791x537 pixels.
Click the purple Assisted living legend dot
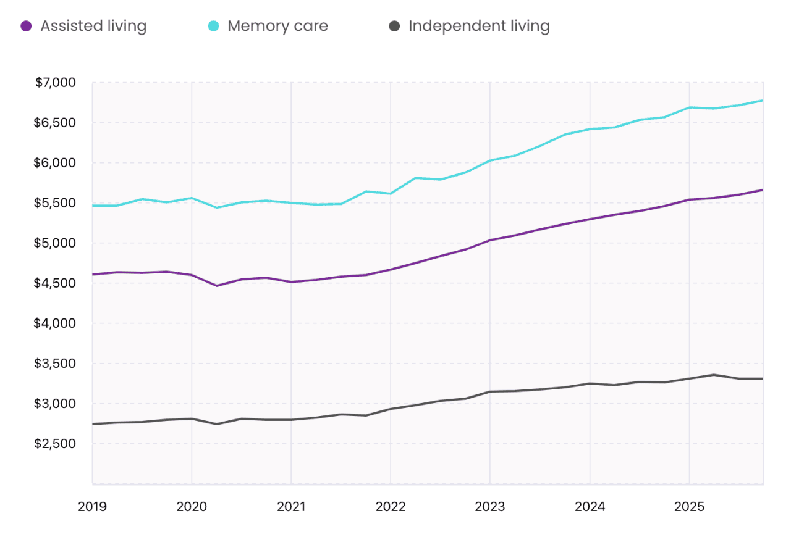pyautogui.click(x=26, y=27)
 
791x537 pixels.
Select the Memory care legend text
pyautogui.click(x=277, y=27)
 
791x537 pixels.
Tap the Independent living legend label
pyautogui.click(x=479, y=27)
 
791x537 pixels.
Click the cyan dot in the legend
pyautogui.click(x=213, y=27)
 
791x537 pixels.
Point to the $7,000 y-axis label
pyautogui.click(x=55, y=83)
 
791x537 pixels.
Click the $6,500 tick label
pyautogui.click(x=55, y=123)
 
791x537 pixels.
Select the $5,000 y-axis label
pyautogui.click(x=55, y=243)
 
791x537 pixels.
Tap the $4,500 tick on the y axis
pyautogui.click(x=55, y=283)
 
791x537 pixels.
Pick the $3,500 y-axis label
pyautogui.click(x=55, y=364)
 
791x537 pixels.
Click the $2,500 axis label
pyautogui.click(x=55, y=444)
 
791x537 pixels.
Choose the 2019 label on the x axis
pyautogui.click(x=92, y=507)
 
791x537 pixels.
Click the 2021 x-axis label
pyautogui.click(x=291, y=507)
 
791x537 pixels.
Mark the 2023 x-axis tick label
pyautogui.click(x=490, y=507)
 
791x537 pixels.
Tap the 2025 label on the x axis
pyautogui.click(x=689, y=507)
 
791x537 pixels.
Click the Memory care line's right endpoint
pyautogui.click(x=763, y=101)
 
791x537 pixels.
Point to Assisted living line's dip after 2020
pyautogui.click(x=216, y=286)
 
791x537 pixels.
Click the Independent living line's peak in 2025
pyautogui.click(x=714, y=375)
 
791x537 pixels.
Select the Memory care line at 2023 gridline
pyautogui.click(x=490, y=160)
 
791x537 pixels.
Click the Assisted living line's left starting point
pyautogui.click(x=93, y=274)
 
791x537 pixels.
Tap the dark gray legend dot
pyautogui.click(x=395, y=27)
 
